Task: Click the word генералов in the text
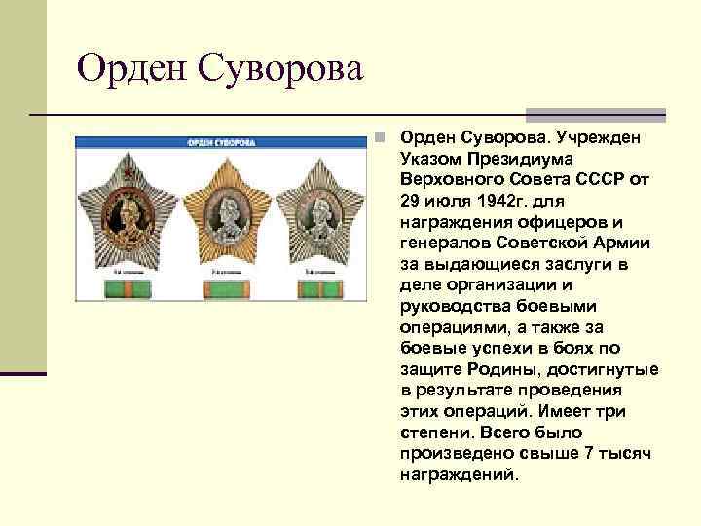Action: click(444, 243)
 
